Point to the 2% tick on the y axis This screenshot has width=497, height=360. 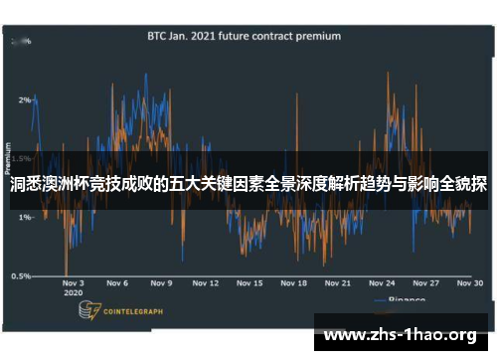pos(24,99)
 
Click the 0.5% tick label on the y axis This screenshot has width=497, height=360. pos(20,276)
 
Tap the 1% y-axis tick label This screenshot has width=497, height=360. pos(24,217)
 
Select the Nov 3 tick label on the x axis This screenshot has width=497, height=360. pos(75,283)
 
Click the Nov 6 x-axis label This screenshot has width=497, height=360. pos(118,283)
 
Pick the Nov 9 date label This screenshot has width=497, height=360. pos(162,283)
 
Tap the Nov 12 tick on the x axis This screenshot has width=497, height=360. pos(207,283)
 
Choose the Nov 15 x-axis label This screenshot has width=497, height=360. pos(251,283)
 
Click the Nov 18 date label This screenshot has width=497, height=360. pos(295,283)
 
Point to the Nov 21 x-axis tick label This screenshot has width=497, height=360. pos(340,283)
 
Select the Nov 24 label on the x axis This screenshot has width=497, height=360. pos(384,283)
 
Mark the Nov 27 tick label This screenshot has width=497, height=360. pos(427,283)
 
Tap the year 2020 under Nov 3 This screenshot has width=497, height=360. pos(73,294)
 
